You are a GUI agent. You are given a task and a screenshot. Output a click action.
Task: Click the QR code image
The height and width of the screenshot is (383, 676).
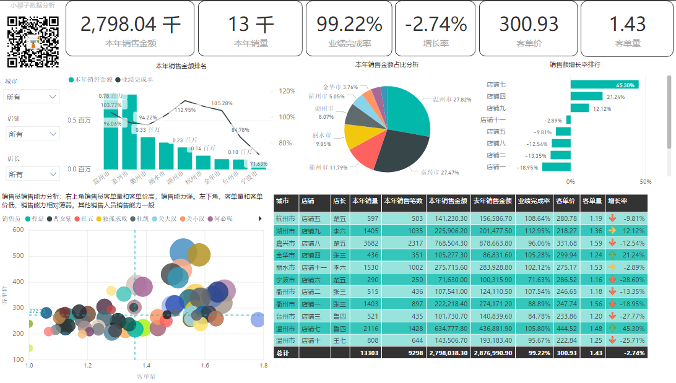pyautogui.click(x=33, y=41)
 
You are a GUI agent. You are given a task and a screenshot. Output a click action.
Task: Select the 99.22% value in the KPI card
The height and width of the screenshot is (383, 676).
pyautogui.click(x=350, y=24)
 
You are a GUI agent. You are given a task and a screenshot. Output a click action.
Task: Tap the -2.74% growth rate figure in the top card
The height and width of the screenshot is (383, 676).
pyautogui.click(x=436, y=24)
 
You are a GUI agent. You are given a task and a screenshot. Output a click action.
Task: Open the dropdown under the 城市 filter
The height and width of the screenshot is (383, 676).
pyautogui.click(x=32, y=97)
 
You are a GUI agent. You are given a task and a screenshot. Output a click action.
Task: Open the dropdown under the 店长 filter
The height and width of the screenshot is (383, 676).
pyautogui.click(x=32, y=174)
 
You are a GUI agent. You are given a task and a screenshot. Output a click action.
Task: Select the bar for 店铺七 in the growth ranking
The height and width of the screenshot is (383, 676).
pyautogui.click(x=604, y=85)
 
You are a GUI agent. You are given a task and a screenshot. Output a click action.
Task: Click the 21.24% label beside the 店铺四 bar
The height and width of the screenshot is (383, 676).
pyautogui.click(x=616, y=97)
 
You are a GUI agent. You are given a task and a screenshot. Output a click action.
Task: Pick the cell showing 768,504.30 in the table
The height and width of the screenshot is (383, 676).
pyautogui.click(x=447, y=243)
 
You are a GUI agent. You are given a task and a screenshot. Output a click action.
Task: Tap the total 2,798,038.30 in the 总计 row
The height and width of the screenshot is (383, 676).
pyautogui.click(x=447, y=353)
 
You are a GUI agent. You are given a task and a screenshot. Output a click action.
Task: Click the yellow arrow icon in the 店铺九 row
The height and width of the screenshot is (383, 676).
pyautogui.click(x=612, y=231)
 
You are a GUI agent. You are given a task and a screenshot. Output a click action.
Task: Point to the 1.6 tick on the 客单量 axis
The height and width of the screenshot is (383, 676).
pyautogui.click(x=205, y=366)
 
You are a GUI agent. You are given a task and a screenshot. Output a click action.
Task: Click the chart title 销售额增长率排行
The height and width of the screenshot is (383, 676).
pyautogui.click(x=574, y=64)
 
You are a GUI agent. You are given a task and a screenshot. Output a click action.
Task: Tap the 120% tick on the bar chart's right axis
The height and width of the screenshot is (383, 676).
pyautogui.click(x=287, y=91)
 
